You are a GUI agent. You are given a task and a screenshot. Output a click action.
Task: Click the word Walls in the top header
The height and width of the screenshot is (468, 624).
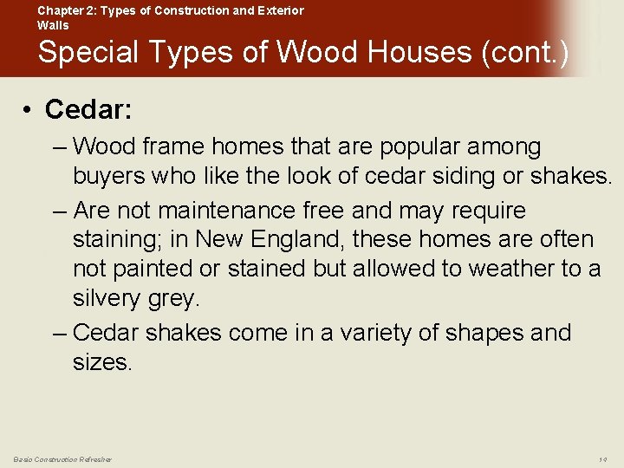click(53, 25)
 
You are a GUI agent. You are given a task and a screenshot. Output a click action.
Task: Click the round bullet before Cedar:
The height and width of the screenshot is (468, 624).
click(29, 109)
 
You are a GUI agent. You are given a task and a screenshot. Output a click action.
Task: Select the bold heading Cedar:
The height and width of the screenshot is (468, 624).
click(88, 109)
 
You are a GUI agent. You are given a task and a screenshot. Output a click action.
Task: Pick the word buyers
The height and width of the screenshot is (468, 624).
click(110, 177)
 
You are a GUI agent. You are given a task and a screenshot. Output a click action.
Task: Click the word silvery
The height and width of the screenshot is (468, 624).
click(109, 298)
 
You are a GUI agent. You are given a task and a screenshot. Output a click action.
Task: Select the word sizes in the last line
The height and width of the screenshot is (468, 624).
click(102, 362)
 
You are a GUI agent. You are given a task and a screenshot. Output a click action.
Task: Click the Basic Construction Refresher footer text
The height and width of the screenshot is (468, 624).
click(62, 459)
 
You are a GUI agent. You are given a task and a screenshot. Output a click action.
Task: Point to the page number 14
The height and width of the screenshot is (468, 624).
click(602, 459)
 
